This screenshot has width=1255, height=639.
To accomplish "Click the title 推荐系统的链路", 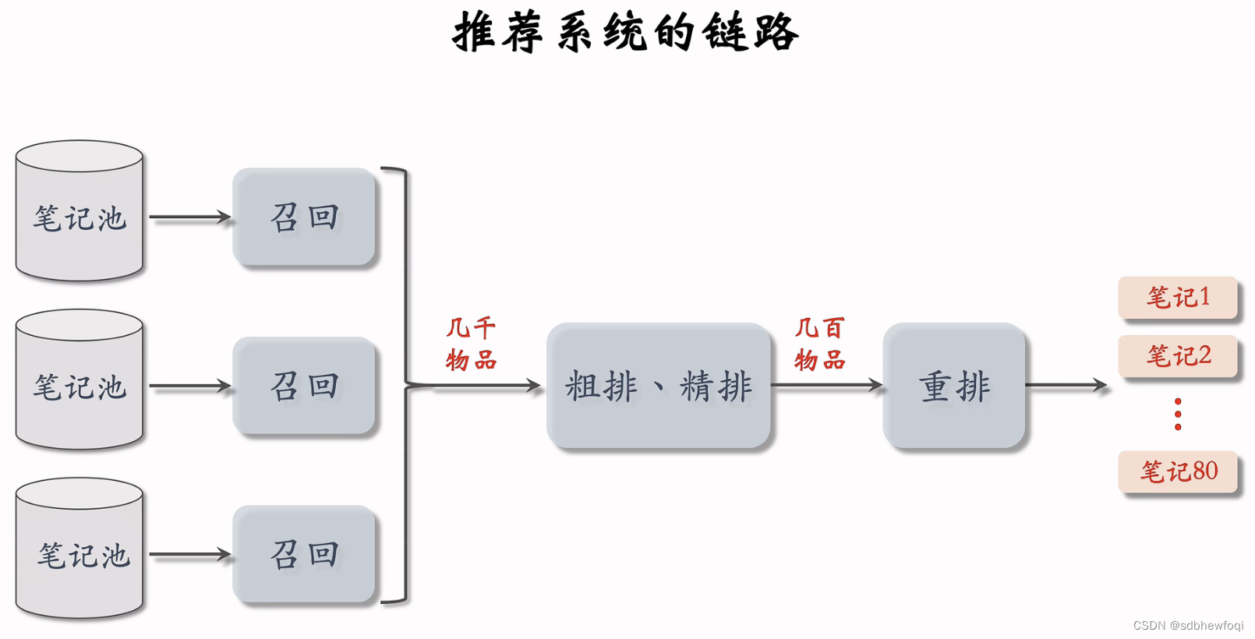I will (626, 33).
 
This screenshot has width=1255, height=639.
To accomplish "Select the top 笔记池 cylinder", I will (80, 212).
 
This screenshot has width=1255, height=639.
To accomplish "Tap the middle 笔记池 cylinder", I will (80, 381).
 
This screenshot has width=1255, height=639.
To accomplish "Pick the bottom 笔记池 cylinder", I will (80, 549).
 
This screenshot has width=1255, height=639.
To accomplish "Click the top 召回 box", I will (304, 217).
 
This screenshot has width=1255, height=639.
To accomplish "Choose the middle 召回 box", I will (304, 386).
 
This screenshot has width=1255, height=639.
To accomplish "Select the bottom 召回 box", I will (304, 554).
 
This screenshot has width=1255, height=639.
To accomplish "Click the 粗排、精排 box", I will (659, 386).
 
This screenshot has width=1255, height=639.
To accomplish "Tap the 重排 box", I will (954, 386).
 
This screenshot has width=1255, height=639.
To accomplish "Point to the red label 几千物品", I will (471, 344).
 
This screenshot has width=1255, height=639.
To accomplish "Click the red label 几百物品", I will (819, 344).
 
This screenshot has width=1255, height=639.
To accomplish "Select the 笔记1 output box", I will (1178, 297).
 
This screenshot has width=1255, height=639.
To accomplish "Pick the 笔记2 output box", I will (1178, 356).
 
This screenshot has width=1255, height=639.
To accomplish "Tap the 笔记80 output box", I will (1178, 471).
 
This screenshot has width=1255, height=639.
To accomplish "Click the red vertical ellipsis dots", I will (1178, 414).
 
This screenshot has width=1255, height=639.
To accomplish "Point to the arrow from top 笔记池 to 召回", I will (189, 217).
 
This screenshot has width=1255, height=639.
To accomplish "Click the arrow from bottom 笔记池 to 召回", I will (189, 555).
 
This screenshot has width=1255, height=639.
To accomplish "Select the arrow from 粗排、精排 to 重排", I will (826, 385).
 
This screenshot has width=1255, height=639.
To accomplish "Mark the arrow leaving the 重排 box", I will (1066, 385).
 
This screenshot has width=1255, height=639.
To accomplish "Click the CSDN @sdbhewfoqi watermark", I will (1188, 626).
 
